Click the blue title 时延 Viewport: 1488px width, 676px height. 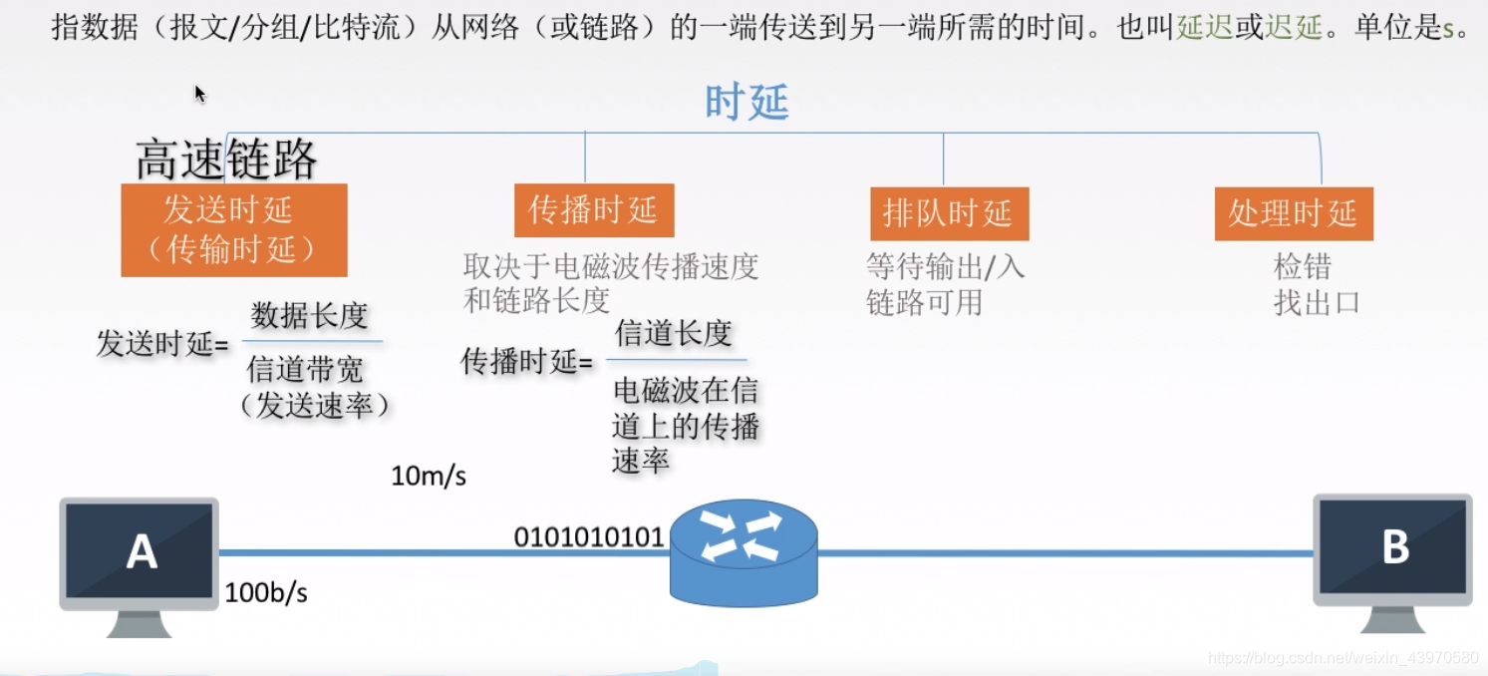[746, 102]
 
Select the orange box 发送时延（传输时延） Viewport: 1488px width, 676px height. [234, 230]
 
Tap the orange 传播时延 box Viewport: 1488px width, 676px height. [593, 210]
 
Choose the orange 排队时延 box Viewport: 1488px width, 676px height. [948, 213]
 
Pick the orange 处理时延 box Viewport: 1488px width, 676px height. [1293, 213]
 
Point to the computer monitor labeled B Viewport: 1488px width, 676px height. [1392, 547]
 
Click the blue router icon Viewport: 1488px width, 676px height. [744, 552]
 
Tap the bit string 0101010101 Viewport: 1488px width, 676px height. [588, 537]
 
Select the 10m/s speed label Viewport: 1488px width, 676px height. [429, 477]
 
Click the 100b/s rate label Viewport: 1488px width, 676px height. [266, 593]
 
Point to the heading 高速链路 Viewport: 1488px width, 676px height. [226, 160]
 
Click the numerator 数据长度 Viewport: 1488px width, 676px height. [310, 316]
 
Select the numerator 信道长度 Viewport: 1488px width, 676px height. [674, 333]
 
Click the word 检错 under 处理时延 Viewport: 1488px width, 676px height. [1303, 267]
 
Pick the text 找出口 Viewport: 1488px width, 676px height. [1317, 302]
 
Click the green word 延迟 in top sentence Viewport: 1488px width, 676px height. [1204, 28]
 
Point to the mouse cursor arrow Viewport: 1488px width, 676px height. [199, 94]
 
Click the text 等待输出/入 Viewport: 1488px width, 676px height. [945, 266]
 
